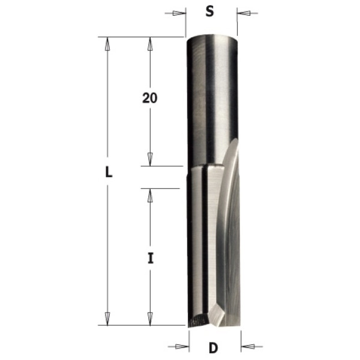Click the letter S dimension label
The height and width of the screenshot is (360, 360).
(209, 11)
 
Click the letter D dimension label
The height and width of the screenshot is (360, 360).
(213, 348)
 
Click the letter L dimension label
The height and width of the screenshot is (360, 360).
(109, 172)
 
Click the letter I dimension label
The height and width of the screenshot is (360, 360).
(151, 258)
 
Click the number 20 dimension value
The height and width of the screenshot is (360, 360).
(149, 98)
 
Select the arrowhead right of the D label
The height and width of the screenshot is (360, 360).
(248, 346)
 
